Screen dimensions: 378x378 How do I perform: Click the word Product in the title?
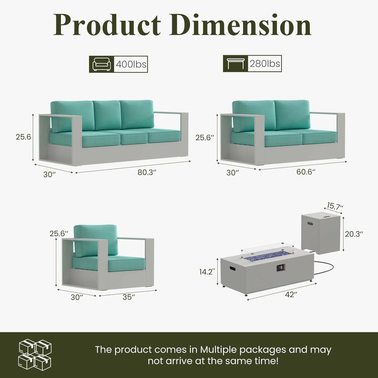107,25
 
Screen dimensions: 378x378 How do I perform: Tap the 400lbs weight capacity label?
131,64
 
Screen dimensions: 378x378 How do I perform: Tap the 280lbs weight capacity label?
265,64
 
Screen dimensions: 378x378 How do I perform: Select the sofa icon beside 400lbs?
101,64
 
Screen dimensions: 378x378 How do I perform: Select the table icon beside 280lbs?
236,64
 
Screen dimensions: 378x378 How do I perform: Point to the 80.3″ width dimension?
147,172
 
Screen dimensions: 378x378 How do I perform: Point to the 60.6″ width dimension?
306,172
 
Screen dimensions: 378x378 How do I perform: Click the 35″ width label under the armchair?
129,297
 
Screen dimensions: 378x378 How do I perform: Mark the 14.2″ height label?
207,272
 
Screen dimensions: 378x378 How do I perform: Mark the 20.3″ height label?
354,234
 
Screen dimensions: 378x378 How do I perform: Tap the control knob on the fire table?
281,268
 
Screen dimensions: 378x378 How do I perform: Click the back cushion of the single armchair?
95,241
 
